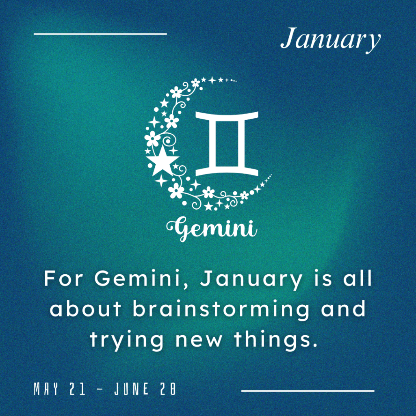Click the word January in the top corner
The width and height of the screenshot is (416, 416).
[x=331, y=40]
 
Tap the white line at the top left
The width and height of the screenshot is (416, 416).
[x=100, y=34]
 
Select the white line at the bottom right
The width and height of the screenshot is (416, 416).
[x=308, y=390]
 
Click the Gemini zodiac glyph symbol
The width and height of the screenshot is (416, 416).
[x=227, y=144]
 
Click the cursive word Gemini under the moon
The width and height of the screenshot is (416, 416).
[x=212, y=228]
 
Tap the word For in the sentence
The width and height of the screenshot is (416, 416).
[x=63, y=279]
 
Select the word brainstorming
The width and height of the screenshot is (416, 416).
[x=221, y=309]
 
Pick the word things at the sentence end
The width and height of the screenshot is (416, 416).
[x=276, y=340]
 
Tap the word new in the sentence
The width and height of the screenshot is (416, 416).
[x=199, y=341]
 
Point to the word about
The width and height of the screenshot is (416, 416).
[x=85, y=309]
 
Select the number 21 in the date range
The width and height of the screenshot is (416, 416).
[x=78, y=389]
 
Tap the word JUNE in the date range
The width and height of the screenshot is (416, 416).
[x=131, y=389]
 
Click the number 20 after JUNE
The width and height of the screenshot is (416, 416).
[x=168, y=389]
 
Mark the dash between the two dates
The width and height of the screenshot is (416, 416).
[x=100, y=389]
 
